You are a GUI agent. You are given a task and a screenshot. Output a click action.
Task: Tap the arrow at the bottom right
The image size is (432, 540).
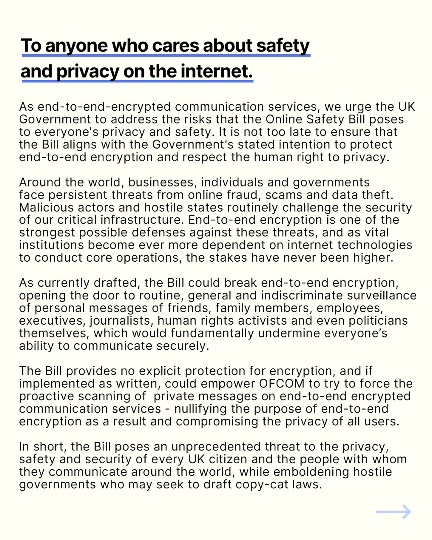(x=393, y=512)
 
